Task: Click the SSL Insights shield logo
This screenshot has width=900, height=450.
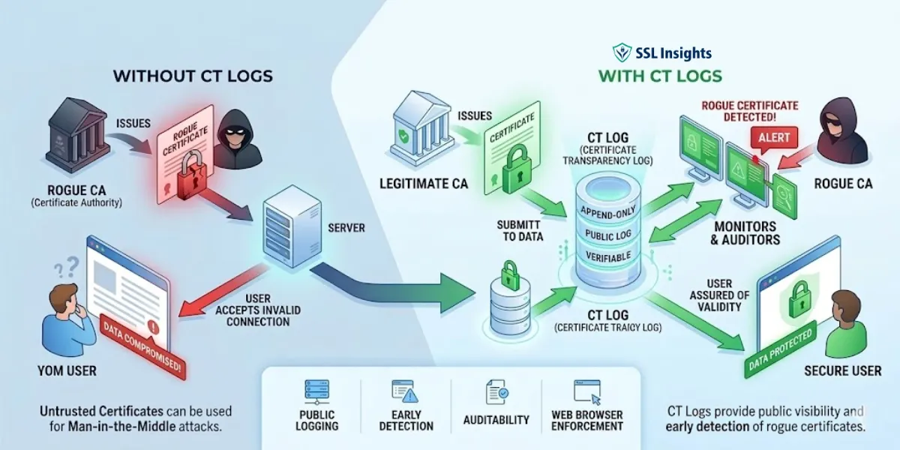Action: coord(622,52)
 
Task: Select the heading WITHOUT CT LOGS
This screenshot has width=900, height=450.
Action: coord(193,76)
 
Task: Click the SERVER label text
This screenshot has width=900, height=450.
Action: coord(346,227)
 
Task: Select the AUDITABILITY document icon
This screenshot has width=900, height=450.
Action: coord(496,391)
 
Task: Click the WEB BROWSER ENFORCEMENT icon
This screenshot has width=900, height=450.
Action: coord(586,391)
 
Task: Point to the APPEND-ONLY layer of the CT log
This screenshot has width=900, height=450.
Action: coord(608,212)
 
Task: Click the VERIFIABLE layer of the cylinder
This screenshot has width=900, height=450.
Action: coord(608,257)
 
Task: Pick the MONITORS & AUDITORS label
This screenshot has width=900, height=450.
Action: coord(745,233)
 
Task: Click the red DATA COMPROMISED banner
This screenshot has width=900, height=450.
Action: coord(142,346)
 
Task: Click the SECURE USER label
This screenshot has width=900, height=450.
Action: coord(843,370)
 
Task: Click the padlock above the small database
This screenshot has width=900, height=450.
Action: coord(510,271)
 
